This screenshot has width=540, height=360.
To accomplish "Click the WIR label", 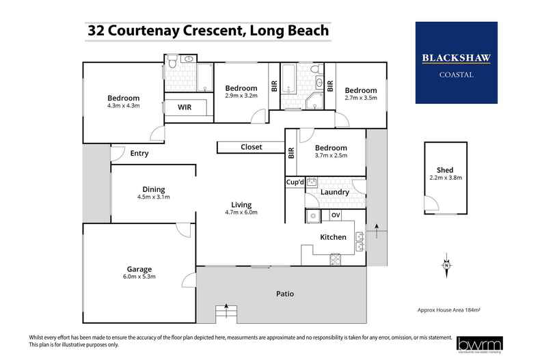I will (185, 108).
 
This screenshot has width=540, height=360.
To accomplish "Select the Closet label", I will (251, 147).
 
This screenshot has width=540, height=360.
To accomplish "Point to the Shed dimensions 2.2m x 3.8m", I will (445, 178).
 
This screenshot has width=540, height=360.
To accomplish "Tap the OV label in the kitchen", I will (336, 215).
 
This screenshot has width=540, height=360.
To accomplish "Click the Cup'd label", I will (295, 182).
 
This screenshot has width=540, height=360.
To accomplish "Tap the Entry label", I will (139, 154).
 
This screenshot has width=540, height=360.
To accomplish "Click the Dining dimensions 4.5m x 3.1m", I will (153, 197).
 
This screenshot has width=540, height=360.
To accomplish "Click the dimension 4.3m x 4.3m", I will (123, 106).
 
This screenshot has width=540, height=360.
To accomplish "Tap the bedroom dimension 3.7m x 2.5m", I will (330, 156).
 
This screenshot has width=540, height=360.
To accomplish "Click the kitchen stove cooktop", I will (336, 258).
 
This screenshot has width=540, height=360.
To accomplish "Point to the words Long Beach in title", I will (288, 31).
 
